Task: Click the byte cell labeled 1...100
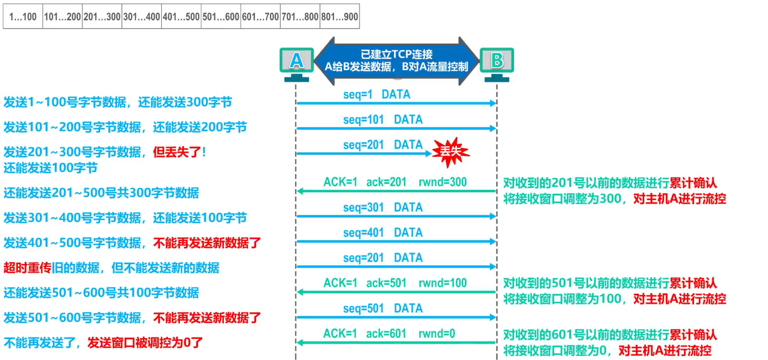[x=23, y=17]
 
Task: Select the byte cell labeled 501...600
[x=221, y=17]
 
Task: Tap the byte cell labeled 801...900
[x=340, y=17]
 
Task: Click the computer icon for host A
[x=296, y=64]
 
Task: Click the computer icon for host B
[x=497, y=64]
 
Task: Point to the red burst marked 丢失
[x=451, y=151]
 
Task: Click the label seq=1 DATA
[x=376, y=94]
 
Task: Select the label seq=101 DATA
[x=383, y=120]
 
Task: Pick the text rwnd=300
[x=443, y=182]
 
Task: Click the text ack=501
[x=386, y=283]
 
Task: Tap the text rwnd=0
[x=437, y=334]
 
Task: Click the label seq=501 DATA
[x=383, y=309]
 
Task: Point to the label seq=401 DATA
[x=383, y=233]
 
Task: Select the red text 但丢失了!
[x=179, y=152]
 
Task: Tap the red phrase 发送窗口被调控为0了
[x=145, y=343]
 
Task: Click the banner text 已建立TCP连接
[x=396, y=54]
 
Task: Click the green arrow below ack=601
[x=396, y=343]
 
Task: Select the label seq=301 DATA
[x=383, y=207]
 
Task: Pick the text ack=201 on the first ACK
[x=386, y=182]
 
